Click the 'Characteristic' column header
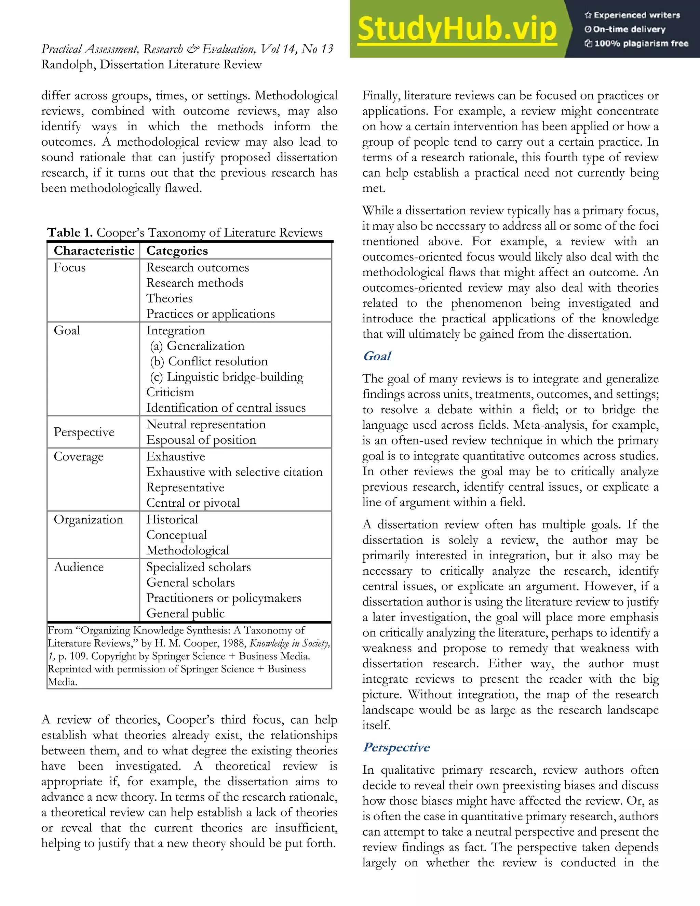94,251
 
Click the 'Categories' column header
177,251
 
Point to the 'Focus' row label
70,268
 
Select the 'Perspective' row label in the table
84,432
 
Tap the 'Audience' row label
79,567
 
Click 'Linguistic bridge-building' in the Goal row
235,377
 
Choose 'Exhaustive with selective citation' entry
234,472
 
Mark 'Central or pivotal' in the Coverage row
193,503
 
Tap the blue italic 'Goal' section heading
377,356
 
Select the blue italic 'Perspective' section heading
396,747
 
